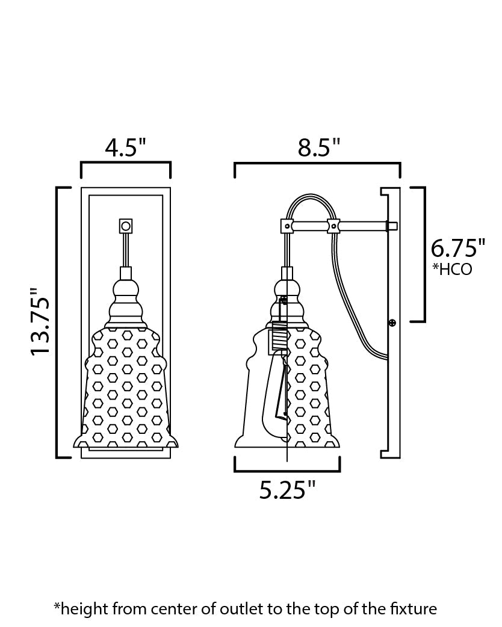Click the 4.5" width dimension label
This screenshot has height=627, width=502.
126,147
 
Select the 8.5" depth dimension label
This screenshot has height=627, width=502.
319,147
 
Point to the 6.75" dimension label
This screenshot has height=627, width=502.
457,248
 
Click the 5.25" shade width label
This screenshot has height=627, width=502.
287,490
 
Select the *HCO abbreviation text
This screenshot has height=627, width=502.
452,269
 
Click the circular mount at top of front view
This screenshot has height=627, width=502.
126,226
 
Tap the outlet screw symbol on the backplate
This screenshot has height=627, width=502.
392,323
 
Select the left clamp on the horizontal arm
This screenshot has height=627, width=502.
287,226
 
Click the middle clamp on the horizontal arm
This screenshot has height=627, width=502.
333,226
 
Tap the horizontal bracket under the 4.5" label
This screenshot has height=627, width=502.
126,162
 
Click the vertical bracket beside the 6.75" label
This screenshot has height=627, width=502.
424,254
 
